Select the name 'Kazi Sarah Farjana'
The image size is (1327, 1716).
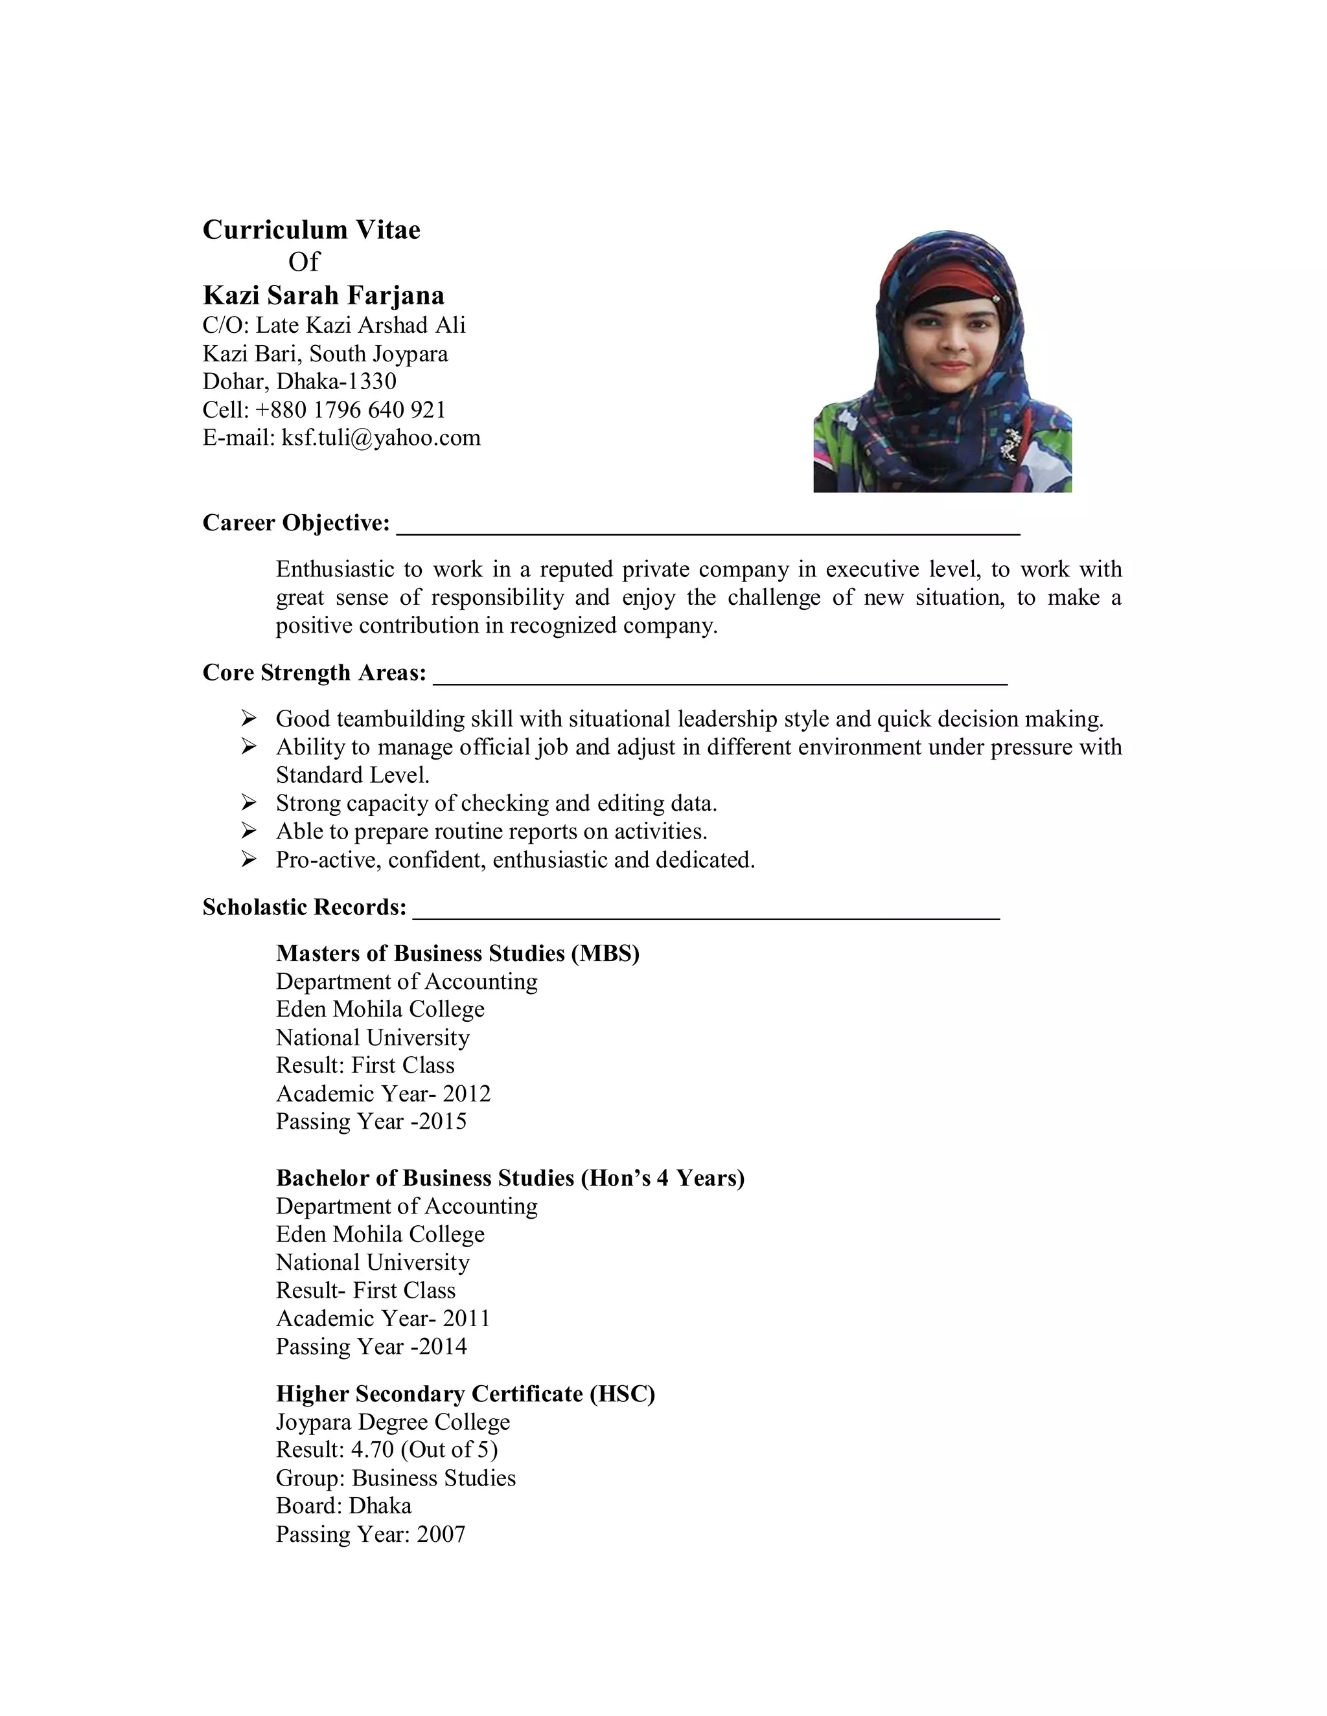[323, 295]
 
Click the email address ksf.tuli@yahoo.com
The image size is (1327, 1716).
[380, 438]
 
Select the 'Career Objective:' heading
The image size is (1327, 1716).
[295, 523]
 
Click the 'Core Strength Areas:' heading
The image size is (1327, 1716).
[314, 673]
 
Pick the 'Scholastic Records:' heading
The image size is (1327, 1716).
[305, 907]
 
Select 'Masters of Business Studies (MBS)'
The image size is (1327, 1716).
[457, 953]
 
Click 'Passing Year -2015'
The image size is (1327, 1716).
[371, 1121]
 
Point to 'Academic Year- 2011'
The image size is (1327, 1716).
[383, 1318]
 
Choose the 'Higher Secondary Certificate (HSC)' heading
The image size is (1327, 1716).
[465, 1394]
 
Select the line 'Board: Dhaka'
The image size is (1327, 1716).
[343, 1506]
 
